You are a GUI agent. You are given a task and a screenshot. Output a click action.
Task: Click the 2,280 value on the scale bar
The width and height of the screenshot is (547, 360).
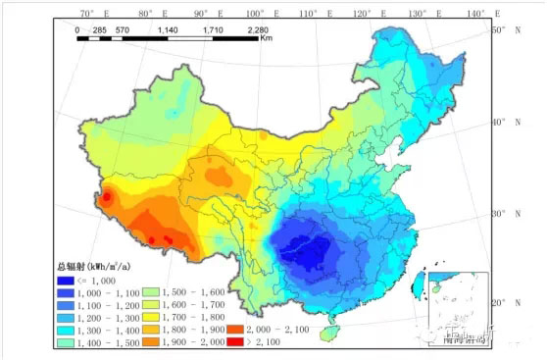click(x=257, y=30)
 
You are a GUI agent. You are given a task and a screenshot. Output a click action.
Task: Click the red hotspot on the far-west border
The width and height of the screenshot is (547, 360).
click(x=107, y=198)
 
